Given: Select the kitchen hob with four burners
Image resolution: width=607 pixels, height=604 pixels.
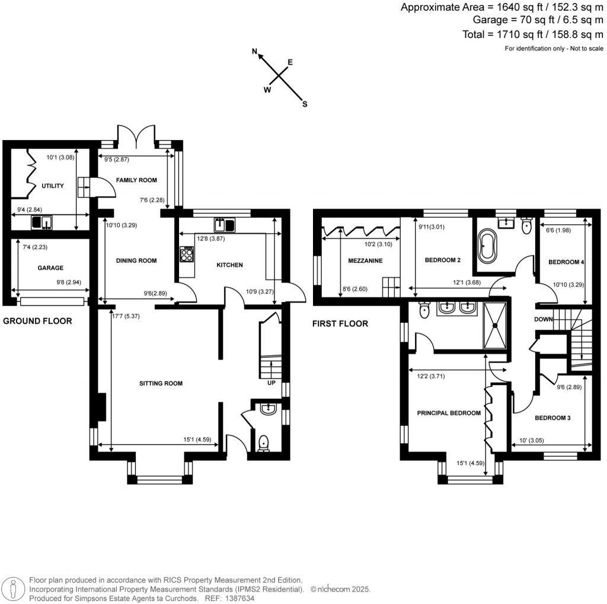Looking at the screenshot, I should coord(186,255).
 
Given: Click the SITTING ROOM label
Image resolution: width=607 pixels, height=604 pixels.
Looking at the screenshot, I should coord(161,383).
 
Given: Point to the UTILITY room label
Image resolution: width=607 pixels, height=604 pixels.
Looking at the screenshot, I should coord(52,186).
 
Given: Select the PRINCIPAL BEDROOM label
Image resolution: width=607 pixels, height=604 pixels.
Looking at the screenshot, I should coord(449,413).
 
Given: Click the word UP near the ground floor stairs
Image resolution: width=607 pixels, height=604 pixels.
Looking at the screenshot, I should coord(271,383).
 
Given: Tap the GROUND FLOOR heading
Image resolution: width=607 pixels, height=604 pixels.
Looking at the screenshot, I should coord(37,321).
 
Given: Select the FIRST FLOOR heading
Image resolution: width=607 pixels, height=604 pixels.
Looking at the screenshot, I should coord(340,323).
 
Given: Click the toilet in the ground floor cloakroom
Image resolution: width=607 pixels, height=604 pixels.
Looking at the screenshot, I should coord(264,443).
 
